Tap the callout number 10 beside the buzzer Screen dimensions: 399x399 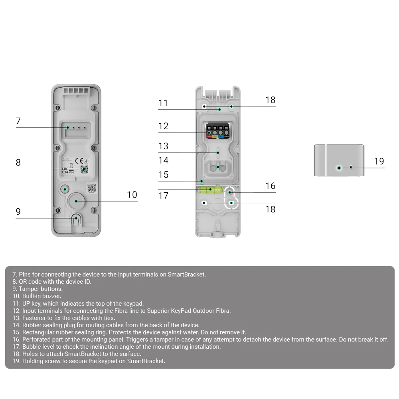(x=132, y=194)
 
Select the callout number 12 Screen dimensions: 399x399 (x=163, y=126)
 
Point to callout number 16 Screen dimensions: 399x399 (x=270, y=186)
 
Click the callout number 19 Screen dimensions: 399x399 (x=379, y=161)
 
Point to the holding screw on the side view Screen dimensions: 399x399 (x=339, y=168)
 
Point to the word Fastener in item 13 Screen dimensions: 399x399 (x=34, y=318)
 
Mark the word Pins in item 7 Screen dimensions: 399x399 (x=25, y=275)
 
